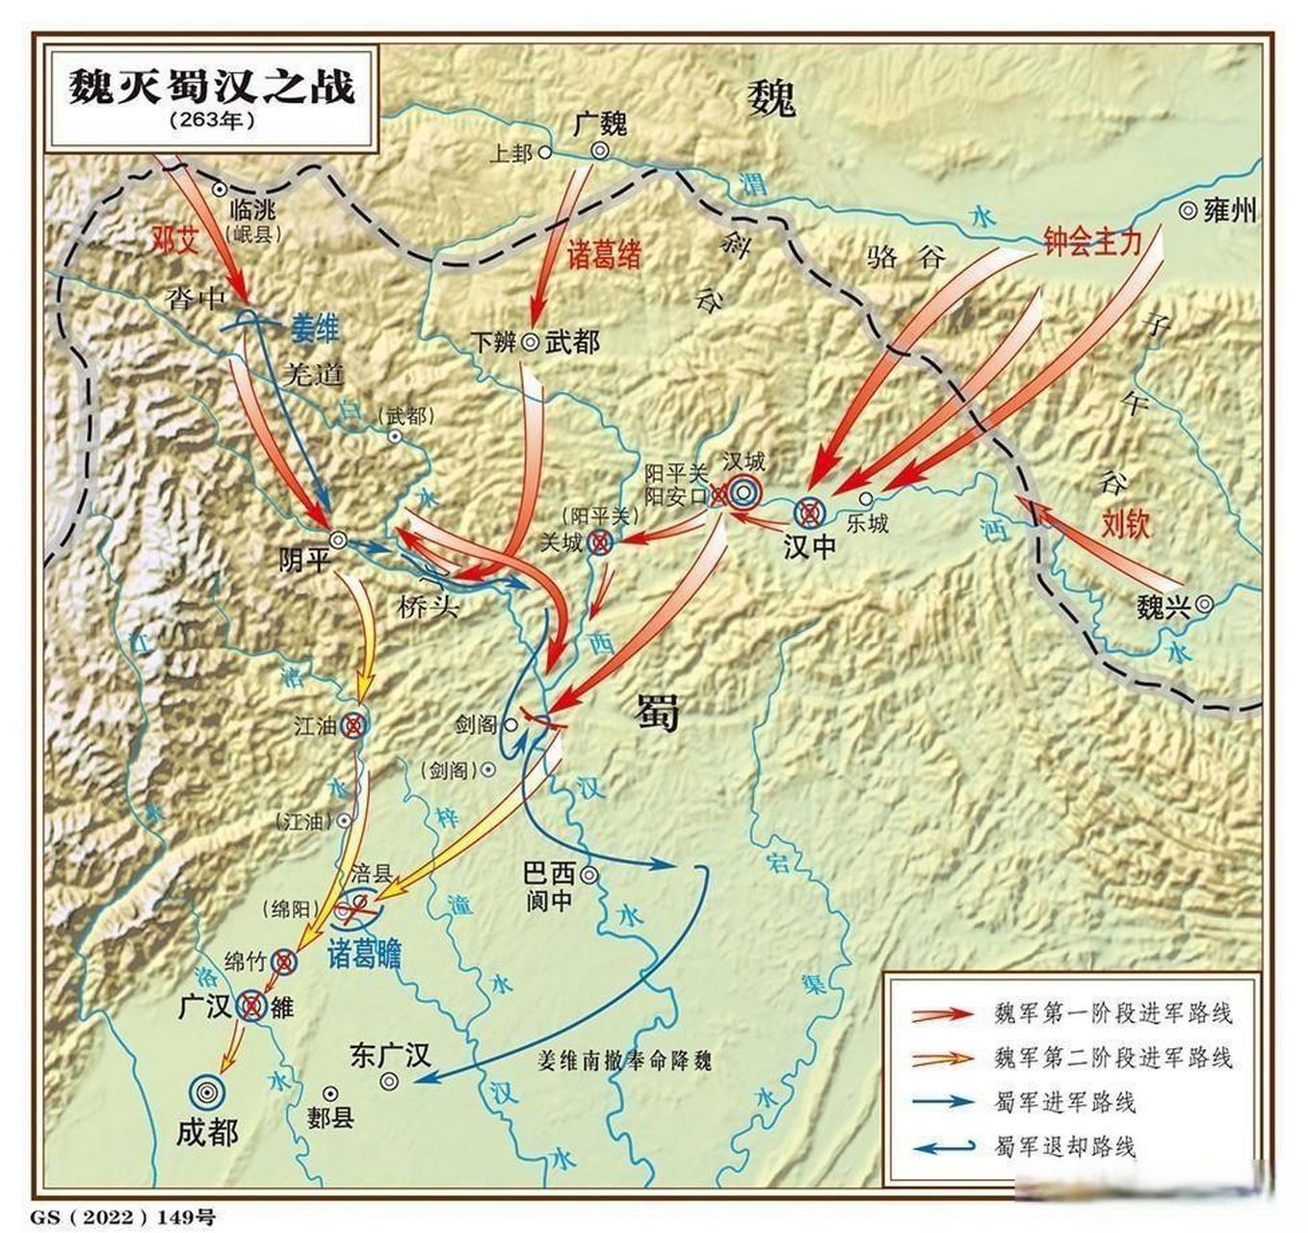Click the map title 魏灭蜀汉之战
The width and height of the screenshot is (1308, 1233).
211,87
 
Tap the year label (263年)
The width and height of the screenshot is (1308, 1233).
212,121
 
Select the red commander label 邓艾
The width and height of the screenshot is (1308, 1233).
175,240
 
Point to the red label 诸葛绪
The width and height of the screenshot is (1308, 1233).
604,255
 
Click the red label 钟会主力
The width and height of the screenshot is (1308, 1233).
1092,241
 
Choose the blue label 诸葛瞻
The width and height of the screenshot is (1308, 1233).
364,954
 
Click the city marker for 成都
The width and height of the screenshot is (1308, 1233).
206,1091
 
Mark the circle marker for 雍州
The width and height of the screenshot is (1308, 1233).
1188,210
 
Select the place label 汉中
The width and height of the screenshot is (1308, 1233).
809,546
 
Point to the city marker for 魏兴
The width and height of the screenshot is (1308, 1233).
1204,605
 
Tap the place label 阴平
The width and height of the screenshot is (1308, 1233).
303,560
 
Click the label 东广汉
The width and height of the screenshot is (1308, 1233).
389,1055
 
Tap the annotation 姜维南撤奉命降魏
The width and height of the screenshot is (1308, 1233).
624,1061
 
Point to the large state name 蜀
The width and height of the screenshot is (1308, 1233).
658,713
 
